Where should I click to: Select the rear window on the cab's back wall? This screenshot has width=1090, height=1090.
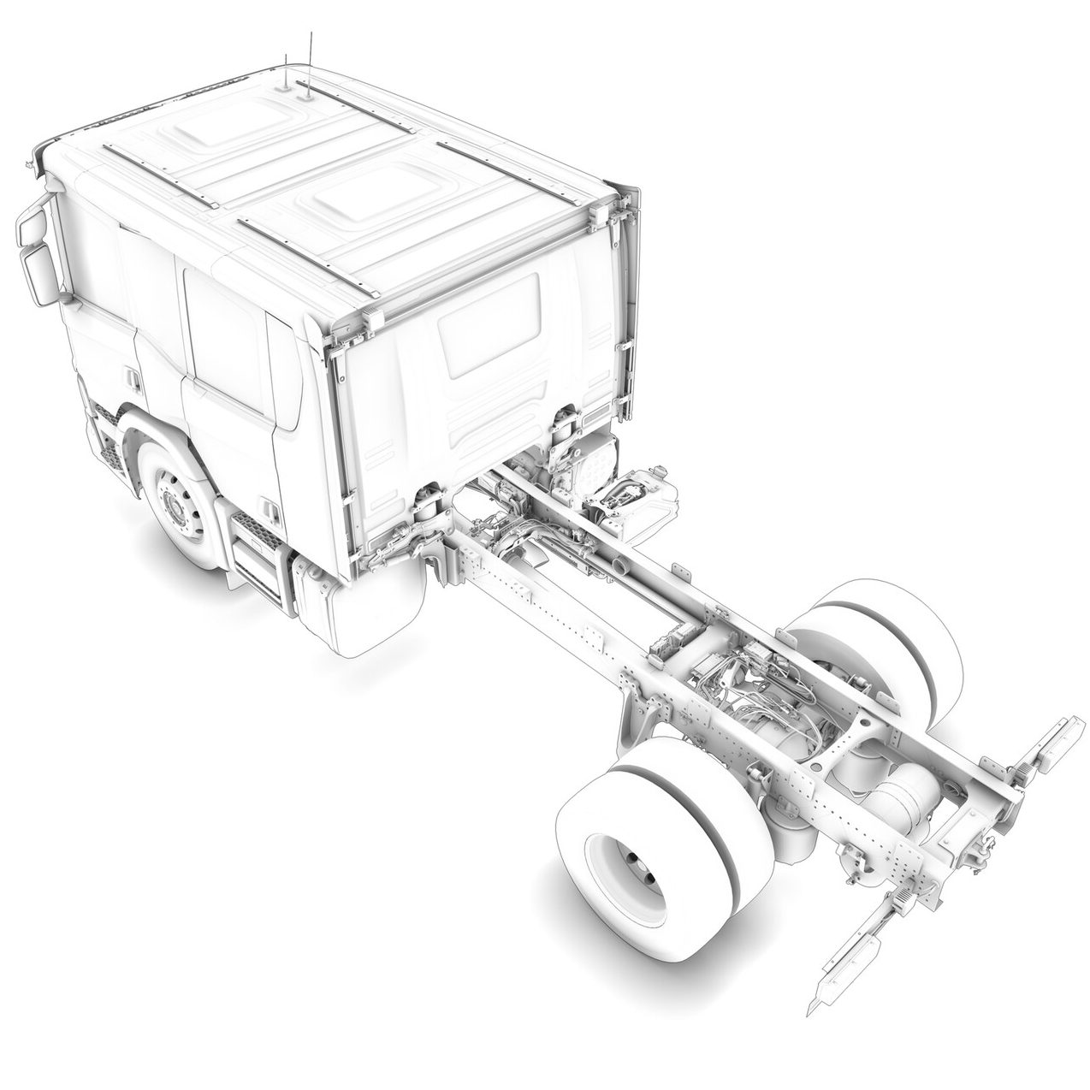[488, 324]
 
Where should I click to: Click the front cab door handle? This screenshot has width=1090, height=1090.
[130, 376]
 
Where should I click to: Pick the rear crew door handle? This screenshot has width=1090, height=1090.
[270, 512]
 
